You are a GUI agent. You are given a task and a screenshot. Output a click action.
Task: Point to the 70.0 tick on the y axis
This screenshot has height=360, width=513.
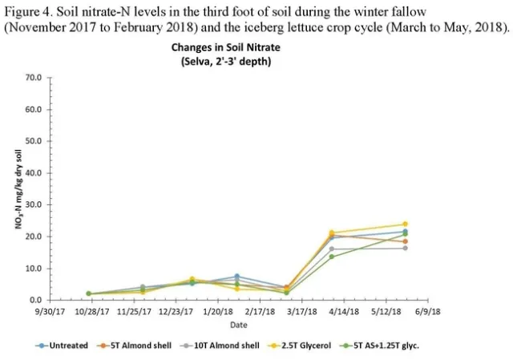pos(33,78)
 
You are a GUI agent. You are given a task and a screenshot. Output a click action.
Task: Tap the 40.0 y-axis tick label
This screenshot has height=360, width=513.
pos(33,173)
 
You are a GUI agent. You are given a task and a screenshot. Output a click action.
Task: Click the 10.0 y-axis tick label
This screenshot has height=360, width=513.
pos(33,269)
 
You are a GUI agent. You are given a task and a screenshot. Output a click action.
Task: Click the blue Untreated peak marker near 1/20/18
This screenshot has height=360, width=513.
pos(236,277)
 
